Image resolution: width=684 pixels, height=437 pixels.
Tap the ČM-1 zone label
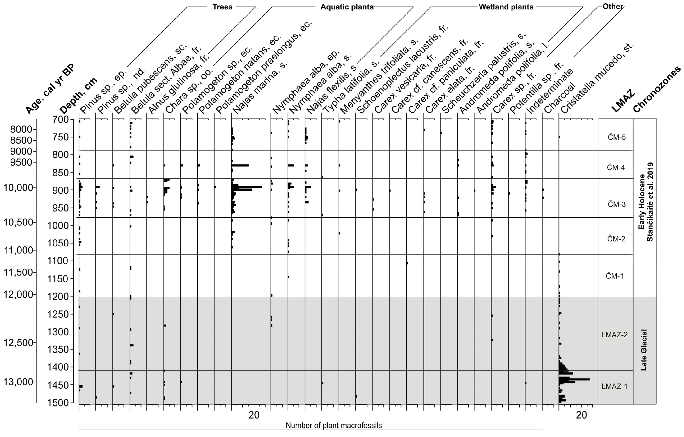pos(614,276)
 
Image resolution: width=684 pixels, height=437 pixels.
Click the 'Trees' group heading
pos(222,7)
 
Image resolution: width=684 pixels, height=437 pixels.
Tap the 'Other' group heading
pos(613,6)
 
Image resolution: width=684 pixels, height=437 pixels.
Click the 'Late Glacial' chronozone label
pos(644,350)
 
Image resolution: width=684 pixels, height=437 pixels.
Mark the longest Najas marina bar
pos(247,187)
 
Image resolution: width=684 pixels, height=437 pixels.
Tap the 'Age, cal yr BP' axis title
pos(50,89)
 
